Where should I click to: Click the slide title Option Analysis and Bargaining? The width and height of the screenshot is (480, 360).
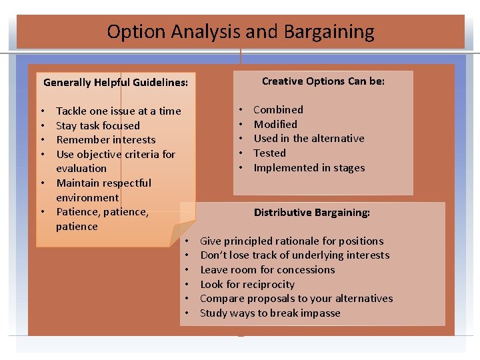240,31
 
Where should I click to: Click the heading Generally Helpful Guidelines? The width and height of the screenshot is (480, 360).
115,83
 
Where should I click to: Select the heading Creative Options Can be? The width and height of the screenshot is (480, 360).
323,81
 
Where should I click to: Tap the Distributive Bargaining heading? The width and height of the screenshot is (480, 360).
311,213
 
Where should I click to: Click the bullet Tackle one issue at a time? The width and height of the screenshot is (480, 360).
118,111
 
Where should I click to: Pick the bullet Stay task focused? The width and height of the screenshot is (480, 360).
98,125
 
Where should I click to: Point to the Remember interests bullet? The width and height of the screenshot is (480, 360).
105,140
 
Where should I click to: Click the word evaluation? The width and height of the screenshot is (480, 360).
81,169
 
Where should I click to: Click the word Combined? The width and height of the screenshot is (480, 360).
278,110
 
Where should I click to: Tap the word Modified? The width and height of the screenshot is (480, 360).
275,124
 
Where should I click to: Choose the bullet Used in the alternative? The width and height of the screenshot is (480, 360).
309,139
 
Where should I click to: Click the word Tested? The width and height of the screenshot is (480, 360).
269,153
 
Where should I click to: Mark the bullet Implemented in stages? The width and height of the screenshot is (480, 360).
309,168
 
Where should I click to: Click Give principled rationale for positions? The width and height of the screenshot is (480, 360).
291,241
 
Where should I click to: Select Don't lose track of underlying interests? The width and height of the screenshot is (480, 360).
295,255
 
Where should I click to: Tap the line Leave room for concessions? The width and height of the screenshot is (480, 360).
267,270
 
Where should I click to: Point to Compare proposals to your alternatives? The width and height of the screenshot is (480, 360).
296,299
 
